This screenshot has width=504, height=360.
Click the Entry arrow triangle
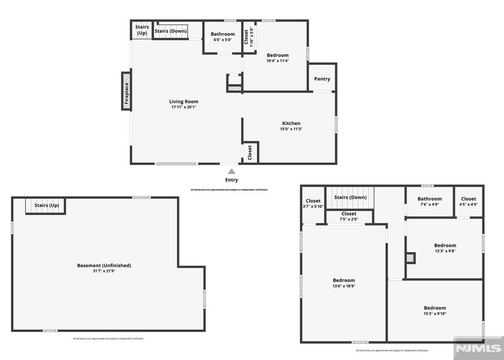click(231, 171)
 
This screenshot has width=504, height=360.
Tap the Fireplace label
click(126, 92)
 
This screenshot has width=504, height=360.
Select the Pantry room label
click(322, 79)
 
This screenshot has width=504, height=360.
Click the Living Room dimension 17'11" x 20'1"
click(184, 107)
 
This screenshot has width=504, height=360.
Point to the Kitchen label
click(291, 123)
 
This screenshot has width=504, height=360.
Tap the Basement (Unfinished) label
click(104, 265)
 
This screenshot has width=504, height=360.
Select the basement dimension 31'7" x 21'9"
click(104, 271)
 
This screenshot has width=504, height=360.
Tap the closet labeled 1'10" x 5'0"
click(249, 37)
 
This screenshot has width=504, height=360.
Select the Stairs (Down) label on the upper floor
click(350, 197)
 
